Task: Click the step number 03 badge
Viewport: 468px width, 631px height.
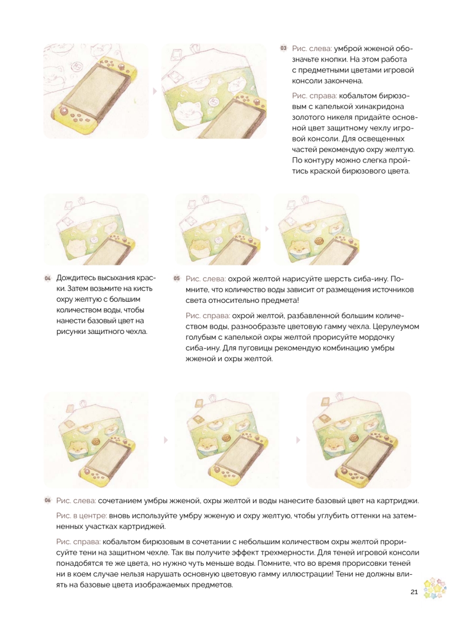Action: coord(283,48)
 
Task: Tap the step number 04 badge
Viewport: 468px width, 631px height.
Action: coord(47,278)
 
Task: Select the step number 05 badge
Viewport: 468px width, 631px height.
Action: coord(176,278)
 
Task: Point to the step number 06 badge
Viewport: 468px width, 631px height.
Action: coord(47,500)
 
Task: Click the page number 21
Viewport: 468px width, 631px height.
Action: coord(414,592)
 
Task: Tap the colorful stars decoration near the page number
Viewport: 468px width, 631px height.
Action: coord(434,588)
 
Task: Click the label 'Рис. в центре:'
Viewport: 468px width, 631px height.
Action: coord(82,516)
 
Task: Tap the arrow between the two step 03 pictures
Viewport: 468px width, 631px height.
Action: coord(155,91)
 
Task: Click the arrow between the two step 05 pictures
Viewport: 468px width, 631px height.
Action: coord(267,229)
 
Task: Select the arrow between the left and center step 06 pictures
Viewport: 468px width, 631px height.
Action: coord(166,440)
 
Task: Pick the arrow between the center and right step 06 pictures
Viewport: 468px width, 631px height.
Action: coord(298,440)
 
